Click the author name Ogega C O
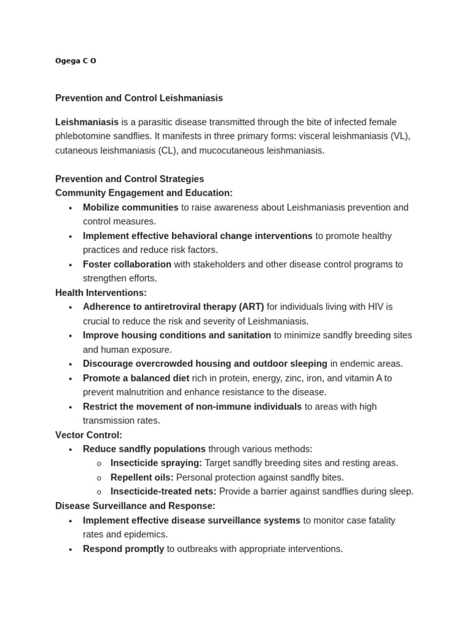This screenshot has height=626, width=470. click(x=75, y=61)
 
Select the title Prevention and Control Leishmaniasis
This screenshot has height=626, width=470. click(x=139, y=98)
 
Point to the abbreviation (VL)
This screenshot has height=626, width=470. click(x=400, y=136)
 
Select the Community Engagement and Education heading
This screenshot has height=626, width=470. click(x=144, y=193)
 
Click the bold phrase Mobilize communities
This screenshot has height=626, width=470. click(x=130, y=207)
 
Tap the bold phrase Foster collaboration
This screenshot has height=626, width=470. click(x=127, y=264)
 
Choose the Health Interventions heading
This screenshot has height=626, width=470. click(x=101, y=293)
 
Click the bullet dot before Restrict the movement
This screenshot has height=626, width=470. click(x=70, y=407)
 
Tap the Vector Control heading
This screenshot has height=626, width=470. click(x=89, y=435)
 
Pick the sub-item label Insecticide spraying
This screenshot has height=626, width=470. click(x=156, y=463)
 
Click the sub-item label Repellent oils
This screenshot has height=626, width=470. click(x=141, y=477)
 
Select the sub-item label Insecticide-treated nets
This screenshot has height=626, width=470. click(x=163, y=492)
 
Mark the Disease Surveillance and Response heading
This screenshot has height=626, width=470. click(x=135, y=506)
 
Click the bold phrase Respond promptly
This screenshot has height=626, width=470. click(x=124, y=549)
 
